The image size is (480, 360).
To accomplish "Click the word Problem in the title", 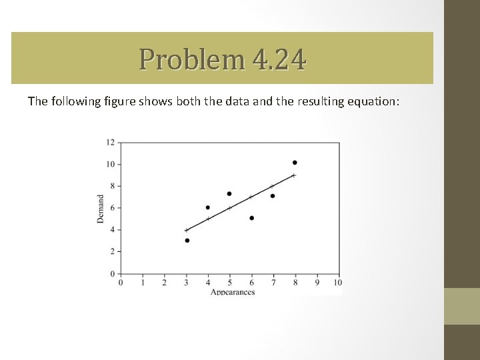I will [193, 59].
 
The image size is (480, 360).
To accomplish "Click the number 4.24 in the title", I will [280, 59].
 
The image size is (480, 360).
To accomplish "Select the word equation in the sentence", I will [375, 101].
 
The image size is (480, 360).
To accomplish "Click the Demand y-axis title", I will [101, 209].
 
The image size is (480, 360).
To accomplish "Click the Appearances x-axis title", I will [233, 292].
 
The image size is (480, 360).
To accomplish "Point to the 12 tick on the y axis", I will [110, 142].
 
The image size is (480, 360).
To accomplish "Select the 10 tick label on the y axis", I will [110, 164].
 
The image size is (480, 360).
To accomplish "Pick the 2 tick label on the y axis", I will [112, 251].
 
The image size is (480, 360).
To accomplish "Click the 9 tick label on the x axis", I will [317, 282].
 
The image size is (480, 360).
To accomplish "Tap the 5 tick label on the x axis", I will [230, 282].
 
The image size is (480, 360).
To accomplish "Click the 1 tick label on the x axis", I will [143, 282].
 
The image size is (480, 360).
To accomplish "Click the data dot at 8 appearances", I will [295, 163].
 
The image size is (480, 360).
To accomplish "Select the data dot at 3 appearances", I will [187, 241].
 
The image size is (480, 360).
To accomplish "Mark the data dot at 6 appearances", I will [251, 218].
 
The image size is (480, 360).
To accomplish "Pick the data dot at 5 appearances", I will [229, 194].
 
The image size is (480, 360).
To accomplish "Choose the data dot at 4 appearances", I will [208, 207].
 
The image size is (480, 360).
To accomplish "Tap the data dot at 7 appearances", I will [273, 196].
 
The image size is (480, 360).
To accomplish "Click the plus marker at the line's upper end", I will [294, 175].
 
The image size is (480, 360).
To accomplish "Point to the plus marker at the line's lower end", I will [186, 230].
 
